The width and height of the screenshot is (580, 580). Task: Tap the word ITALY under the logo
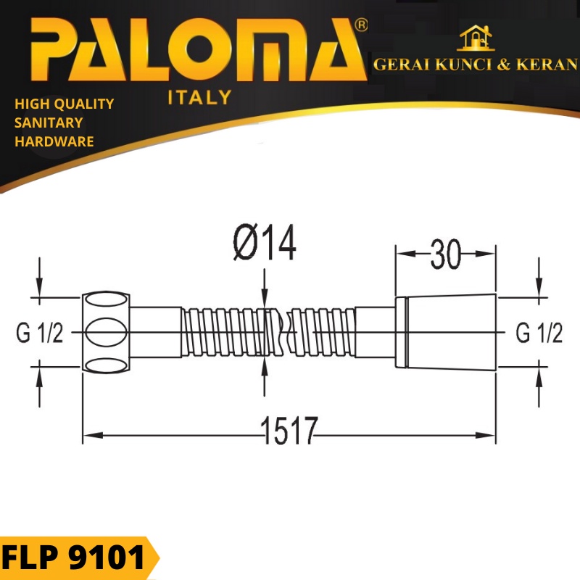coord(200,97)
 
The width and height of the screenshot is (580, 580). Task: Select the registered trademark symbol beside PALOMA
coord(360,25)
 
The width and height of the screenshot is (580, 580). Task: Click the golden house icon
coord(476,38)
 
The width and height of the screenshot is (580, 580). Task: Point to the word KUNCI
coord(463,65)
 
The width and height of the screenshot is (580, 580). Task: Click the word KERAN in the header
coord(547,65)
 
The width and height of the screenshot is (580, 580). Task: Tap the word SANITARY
coord(49,123)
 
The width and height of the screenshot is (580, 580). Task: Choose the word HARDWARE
coord(54,141)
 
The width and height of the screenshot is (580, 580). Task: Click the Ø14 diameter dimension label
coord(265,243)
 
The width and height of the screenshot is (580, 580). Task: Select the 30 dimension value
coord(446,254)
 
